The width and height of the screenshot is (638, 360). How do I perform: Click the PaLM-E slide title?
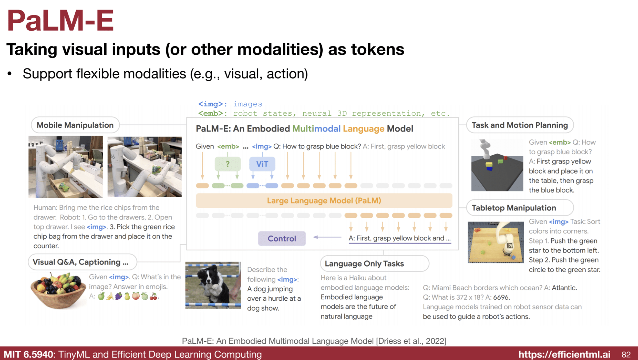(60, 21)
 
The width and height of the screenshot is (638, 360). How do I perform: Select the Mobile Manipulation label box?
(75, 125)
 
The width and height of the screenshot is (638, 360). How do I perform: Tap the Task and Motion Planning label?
(520, 125)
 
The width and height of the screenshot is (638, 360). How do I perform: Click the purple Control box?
(282, 238)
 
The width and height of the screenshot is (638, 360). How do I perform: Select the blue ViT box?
(262, 164)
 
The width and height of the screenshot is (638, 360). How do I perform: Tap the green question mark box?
(227, 164)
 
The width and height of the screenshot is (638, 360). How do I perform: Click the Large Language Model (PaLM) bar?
(324, 201)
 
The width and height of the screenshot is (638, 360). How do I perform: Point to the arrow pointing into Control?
(327, 237)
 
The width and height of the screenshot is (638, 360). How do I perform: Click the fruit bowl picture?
(58, 291)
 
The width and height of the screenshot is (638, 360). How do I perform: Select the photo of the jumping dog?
(213, 285)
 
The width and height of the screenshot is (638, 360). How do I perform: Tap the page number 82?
(626, 354)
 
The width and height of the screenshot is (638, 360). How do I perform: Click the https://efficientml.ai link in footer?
(564, 354)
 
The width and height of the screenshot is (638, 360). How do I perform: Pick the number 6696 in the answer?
(501, 297)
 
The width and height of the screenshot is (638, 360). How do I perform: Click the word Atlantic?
(564, 287)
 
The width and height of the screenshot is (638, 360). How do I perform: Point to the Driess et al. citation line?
(314, 341)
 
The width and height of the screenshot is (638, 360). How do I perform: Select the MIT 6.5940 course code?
(28, 354)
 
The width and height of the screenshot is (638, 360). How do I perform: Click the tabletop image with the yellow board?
(496, 242)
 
